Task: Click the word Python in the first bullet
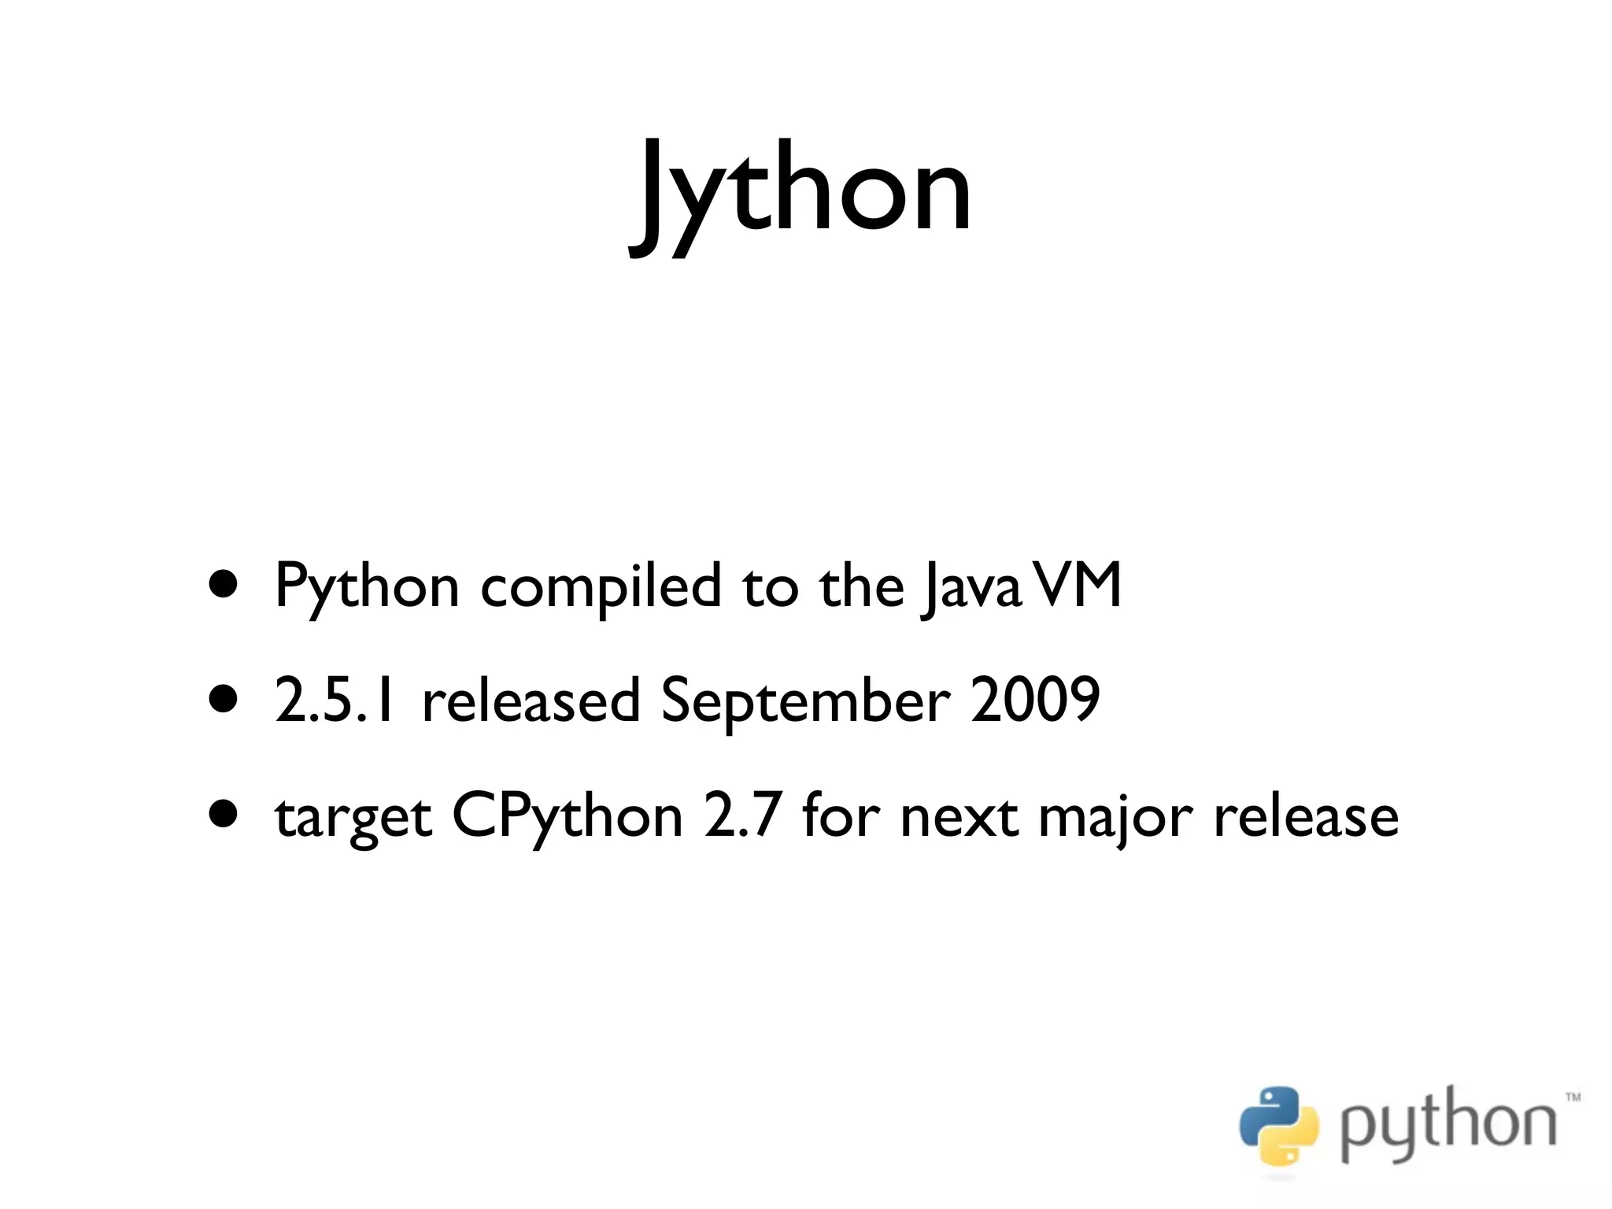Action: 366,587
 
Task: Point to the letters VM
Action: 1077,586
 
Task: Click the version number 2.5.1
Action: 334,701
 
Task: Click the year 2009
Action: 1034,701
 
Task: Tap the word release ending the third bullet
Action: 1306,816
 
